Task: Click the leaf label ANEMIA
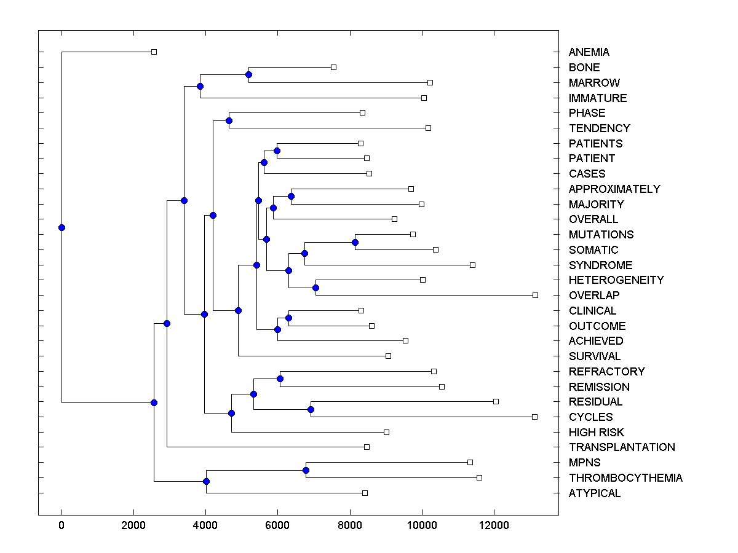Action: [x=589, y=52]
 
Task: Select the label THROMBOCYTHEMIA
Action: [x=625, y=478]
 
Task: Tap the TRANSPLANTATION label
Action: [x=621, y=447]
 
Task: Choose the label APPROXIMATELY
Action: [x=614, y=189]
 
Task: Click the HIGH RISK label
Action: [x=596, y=433]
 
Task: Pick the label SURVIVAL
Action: [x=594, y=356]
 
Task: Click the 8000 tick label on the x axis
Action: [x=349, y=525]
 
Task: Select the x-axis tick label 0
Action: [x=61, y=525]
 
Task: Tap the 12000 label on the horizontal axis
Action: [x=494, y=525]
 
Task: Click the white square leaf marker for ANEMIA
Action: [x=154, y=52]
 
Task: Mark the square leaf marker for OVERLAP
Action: [x=535, y=296]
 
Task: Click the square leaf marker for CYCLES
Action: [x=534, y=417]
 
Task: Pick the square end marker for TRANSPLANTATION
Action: [x=367, y=447]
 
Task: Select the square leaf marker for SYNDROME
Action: [x=472, y=265]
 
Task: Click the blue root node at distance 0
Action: [x=61, y=227]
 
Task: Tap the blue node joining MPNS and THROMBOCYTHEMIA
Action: [x=306, y=471]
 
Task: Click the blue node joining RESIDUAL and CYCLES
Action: [x=311, y=410]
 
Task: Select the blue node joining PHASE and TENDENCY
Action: [x=229, y=120]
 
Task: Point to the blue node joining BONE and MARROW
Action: [x=248, y=75]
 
